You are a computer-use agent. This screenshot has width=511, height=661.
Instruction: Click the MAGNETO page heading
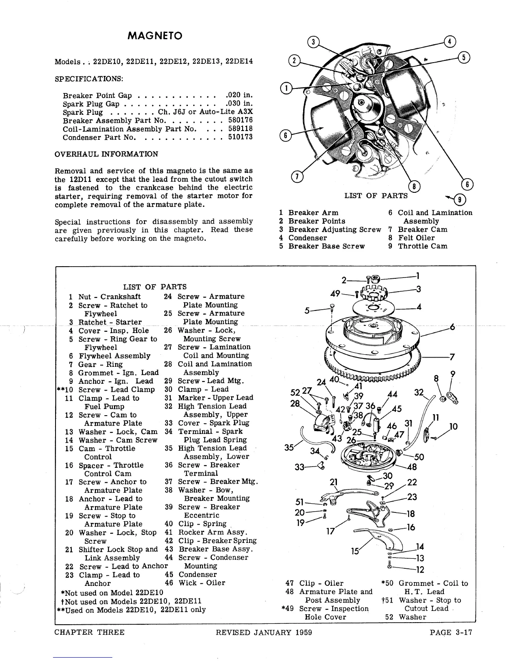[x=155, y=36]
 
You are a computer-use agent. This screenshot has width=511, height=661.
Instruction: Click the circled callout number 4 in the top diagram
[x=450, y=41]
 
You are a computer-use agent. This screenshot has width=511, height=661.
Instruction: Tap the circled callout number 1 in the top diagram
[x=286, y=88]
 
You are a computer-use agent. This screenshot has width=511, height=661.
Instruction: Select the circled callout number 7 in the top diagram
[x=296, y=177]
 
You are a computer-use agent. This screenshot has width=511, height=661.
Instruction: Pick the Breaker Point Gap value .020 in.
[x=239, y=96]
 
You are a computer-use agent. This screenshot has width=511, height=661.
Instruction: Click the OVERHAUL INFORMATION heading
[x=106, y=154]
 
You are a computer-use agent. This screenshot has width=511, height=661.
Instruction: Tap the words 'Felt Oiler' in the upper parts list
[x=416, y=238]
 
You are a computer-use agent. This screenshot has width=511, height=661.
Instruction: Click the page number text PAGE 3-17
[x=451, y=632]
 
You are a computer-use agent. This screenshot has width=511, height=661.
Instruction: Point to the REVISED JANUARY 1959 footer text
[x=264, y=632]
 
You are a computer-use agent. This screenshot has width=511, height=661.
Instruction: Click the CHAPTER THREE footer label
[x=89, y=632]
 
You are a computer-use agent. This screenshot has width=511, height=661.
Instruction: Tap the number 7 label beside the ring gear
[x=452, y=357]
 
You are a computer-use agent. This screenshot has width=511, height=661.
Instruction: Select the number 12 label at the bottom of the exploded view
[x=420, y=570]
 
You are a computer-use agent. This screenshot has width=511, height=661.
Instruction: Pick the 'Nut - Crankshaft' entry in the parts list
[x=109, y=297]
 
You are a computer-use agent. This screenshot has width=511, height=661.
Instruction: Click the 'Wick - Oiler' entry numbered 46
[x=202, y=583]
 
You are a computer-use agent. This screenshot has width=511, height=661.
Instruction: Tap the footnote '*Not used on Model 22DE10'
[x=112, y=593]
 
